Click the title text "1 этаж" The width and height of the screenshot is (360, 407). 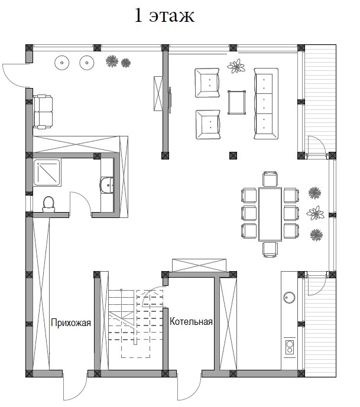point(164,15)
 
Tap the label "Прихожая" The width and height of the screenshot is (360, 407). point(71,323)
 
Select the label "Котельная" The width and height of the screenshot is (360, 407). point(191,321)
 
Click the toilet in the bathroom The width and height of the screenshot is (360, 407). point(48,204)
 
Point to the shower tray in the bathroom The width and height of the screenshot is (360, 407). point(47,172)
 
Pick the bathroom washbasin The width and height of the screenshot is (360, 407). point(106,185)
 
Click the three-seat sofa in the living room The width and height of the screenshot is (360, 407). point(266,103)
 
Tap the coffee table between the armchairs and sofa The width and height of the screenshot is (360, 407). point(236,102)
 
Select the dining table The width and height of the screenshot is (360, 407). point(270,214)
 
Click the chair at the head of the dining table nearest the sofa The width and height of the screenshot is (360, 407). point(270,179)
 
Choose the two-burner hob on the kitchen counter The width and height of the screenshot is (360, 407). point(290,347)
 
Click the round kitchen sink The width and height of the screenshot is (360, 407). point(289,297)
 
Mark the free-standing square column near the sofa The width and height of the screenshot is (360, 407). point(233,155)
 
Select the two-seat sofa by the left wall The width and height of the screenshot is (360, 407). point(43,112)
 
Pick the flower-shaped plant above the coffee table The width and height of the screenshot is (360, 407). point(236,66)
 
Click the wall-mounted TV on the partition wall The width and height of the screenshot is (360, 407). point(170,100)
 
